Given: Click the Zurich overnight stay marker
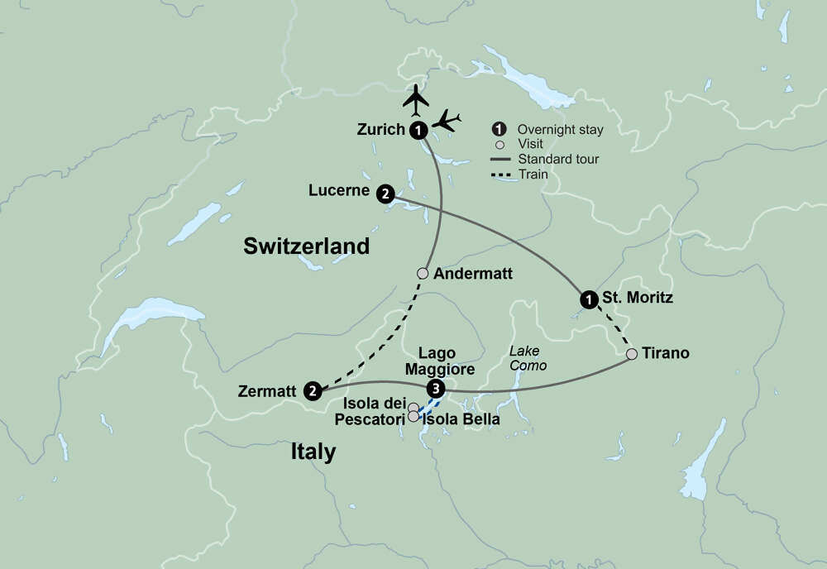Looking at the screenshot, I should point(419,129).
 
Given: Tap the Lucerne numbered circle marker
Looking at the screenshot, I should point(385,194).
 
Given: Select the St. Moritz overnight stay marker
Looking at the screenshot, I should point(588,299).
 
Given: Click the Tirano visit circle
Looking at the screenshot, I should point(632,354).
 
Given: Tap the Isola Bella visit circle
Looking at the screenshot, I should point(413,417).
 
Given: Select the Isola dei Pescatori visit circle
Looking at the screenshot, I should point(413,407).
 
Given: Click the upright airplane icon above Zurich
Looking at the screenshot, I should point(417,101).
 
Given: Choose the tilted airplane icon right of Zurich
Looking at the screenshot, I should point(447,121).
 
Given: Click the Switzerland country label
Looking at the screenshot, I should point(306,246).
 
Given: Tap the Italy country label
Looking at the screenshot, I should point(313,452).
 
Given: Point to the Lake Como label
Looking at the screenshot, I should point(528,358).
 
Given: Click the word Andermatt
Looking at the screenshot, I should point(472,274).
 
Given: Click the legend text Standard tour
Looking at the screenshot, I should point(558,159).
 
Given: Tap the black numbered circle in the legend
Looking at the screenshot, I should point(499,130).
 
